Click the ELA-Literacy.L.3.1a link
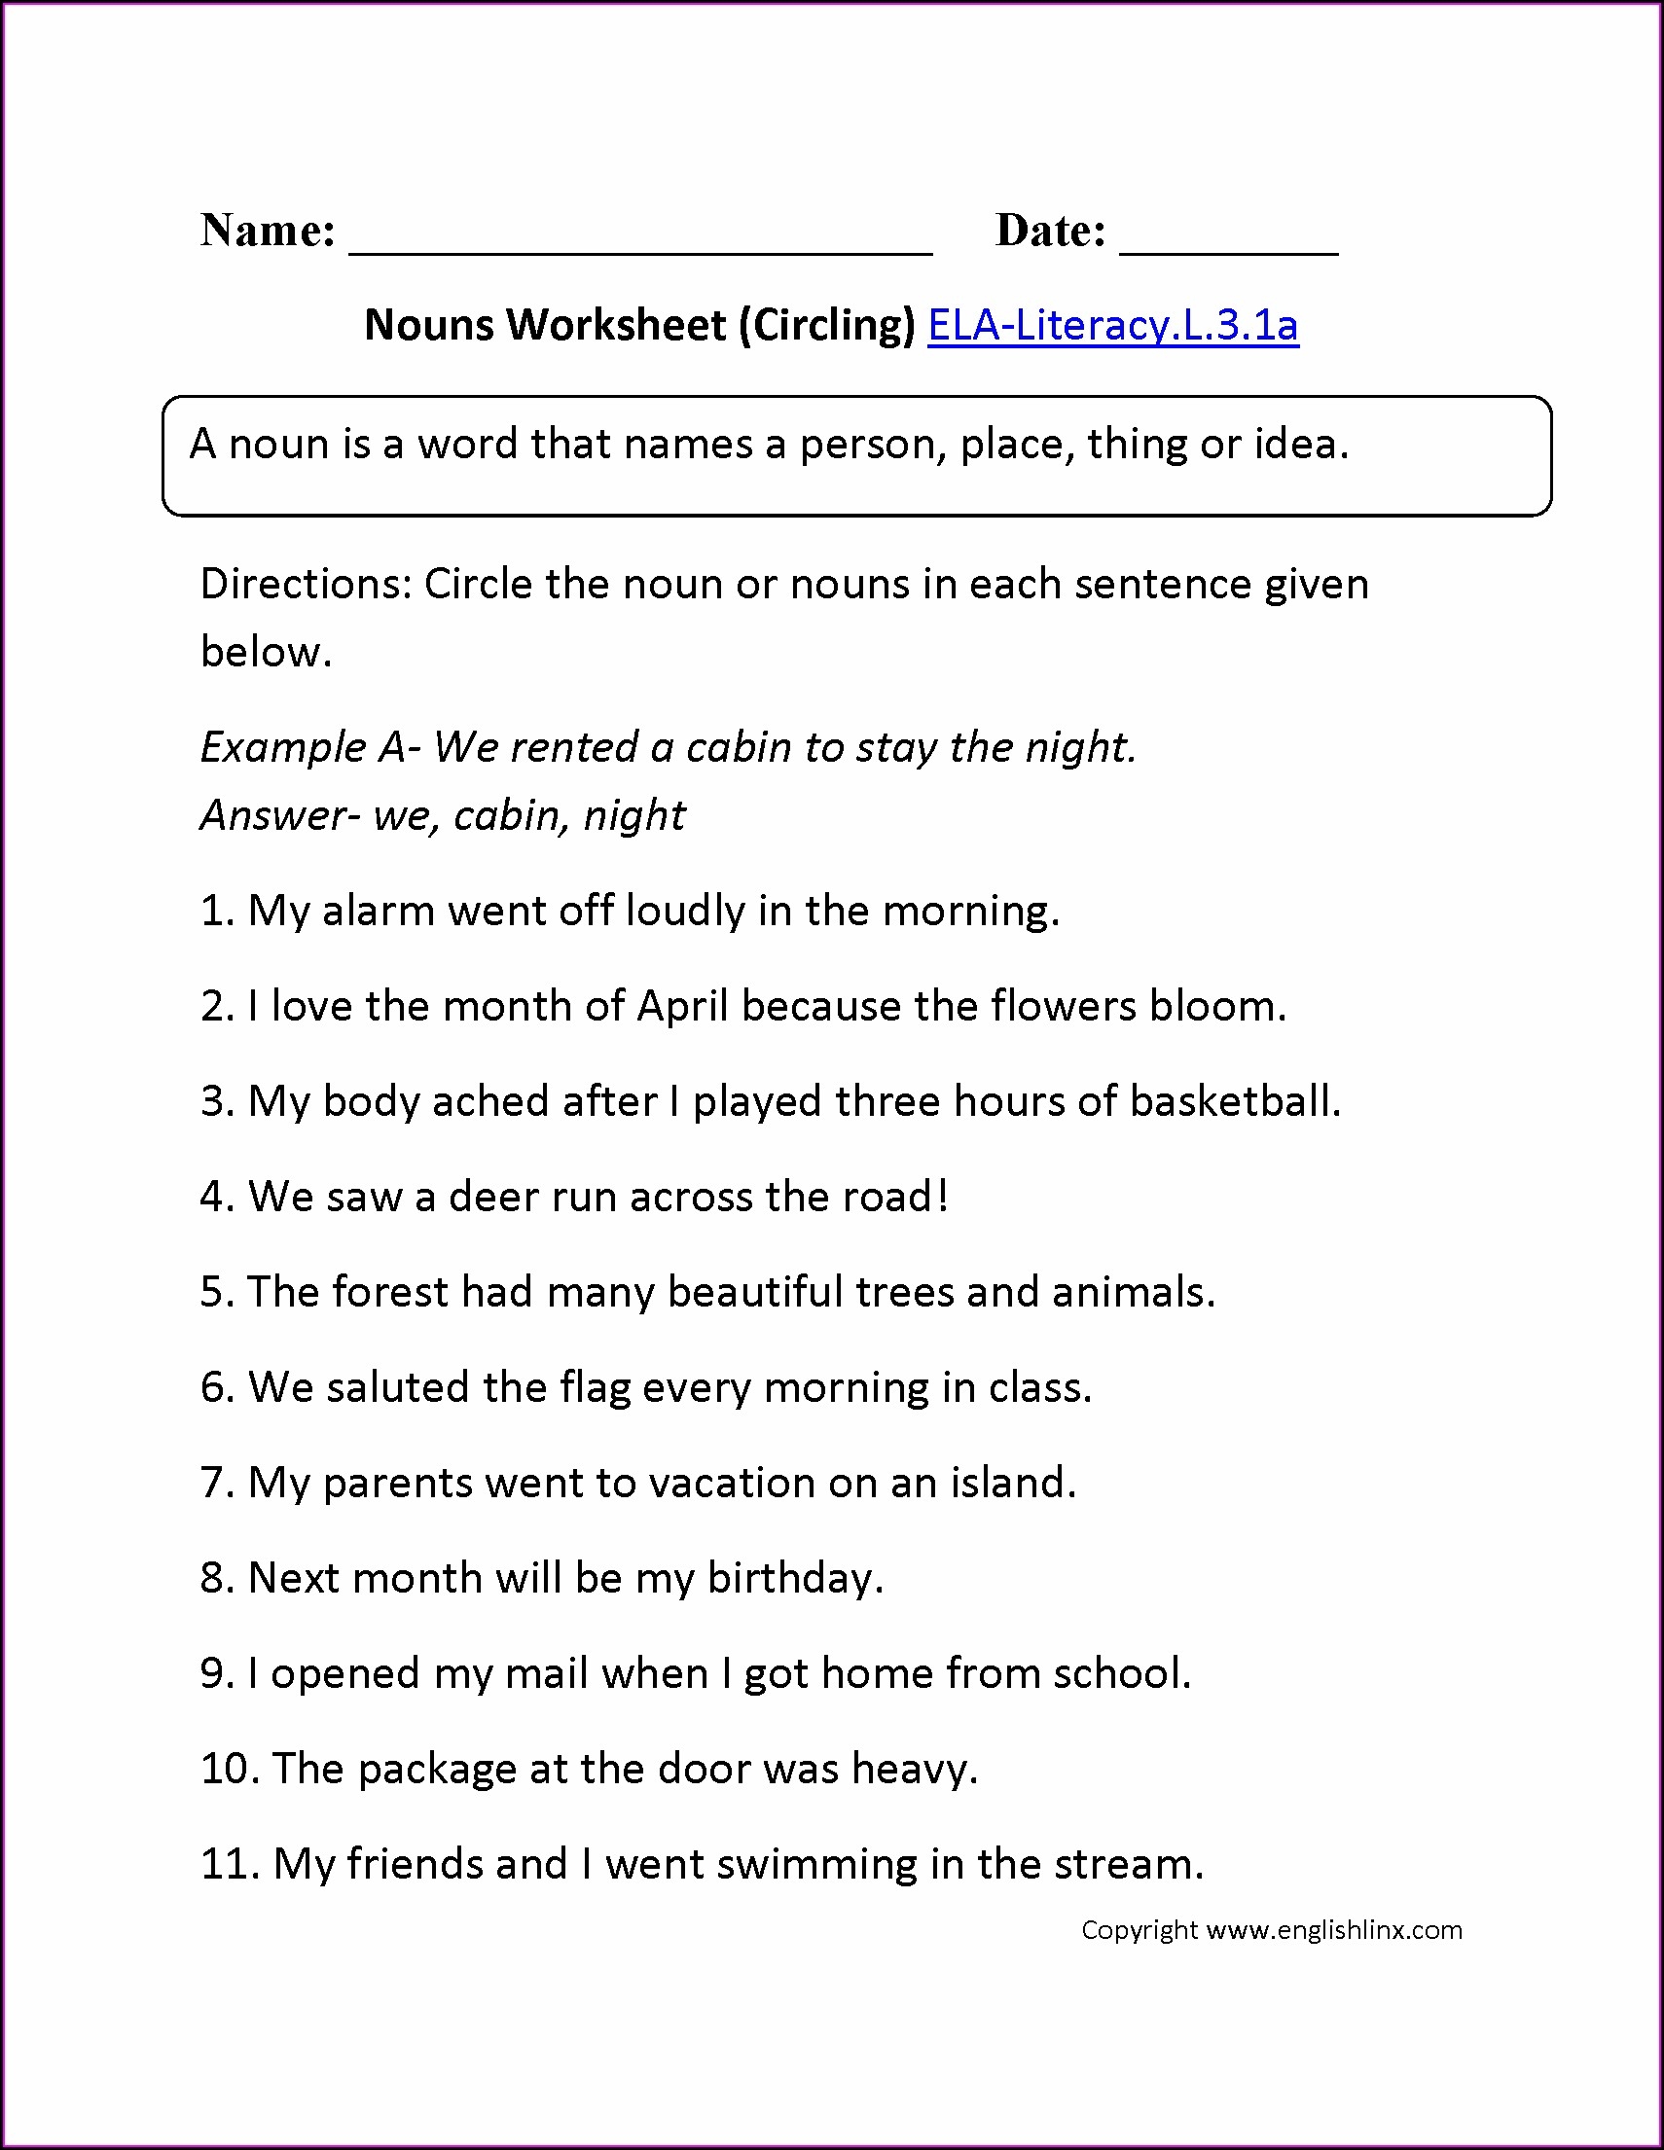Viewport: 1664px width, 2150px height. pyautogui.click(x=1112, y=325)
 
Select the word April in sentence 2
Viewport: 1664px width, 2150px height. pyautogui.click(x=682, y=1006)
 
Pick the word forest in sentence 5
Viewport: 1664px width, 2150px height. pyautogui.click(x=390, y=1292)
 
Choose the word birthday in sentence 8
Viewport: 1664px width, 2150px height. pyautogui.click(x=793, y=1579)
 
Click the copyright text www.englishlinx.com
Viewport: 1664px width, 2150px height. pyautogui.click(x=1334, y=1930)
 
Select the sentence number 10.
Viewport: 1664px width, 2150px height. pyautogui.click(x=230, y=1769)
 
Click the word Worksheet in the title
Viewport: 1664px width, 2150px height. pyautogui.click(x=617, y=325)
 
